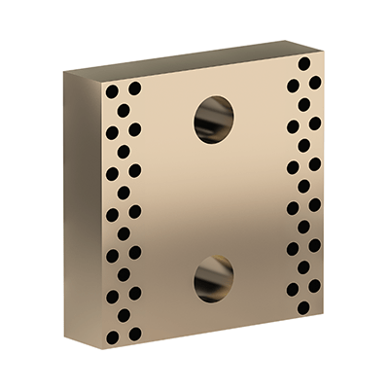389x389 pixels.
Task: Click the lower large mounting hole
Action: coord(213,278)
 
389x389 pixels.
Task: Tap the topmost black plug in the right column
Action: coord(304,63)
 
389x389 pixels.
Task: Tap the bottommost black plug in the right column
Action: coord(303,307)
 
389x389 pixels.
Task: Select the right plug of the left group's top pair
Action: coord(134,88)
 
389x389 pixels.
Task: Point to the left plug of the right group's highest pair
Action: coord(293,85)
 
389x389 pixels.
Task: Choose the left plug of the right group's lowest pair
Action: coord(293,289)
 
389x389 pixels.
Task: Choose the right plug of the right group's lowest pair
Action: coord(314,287)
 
